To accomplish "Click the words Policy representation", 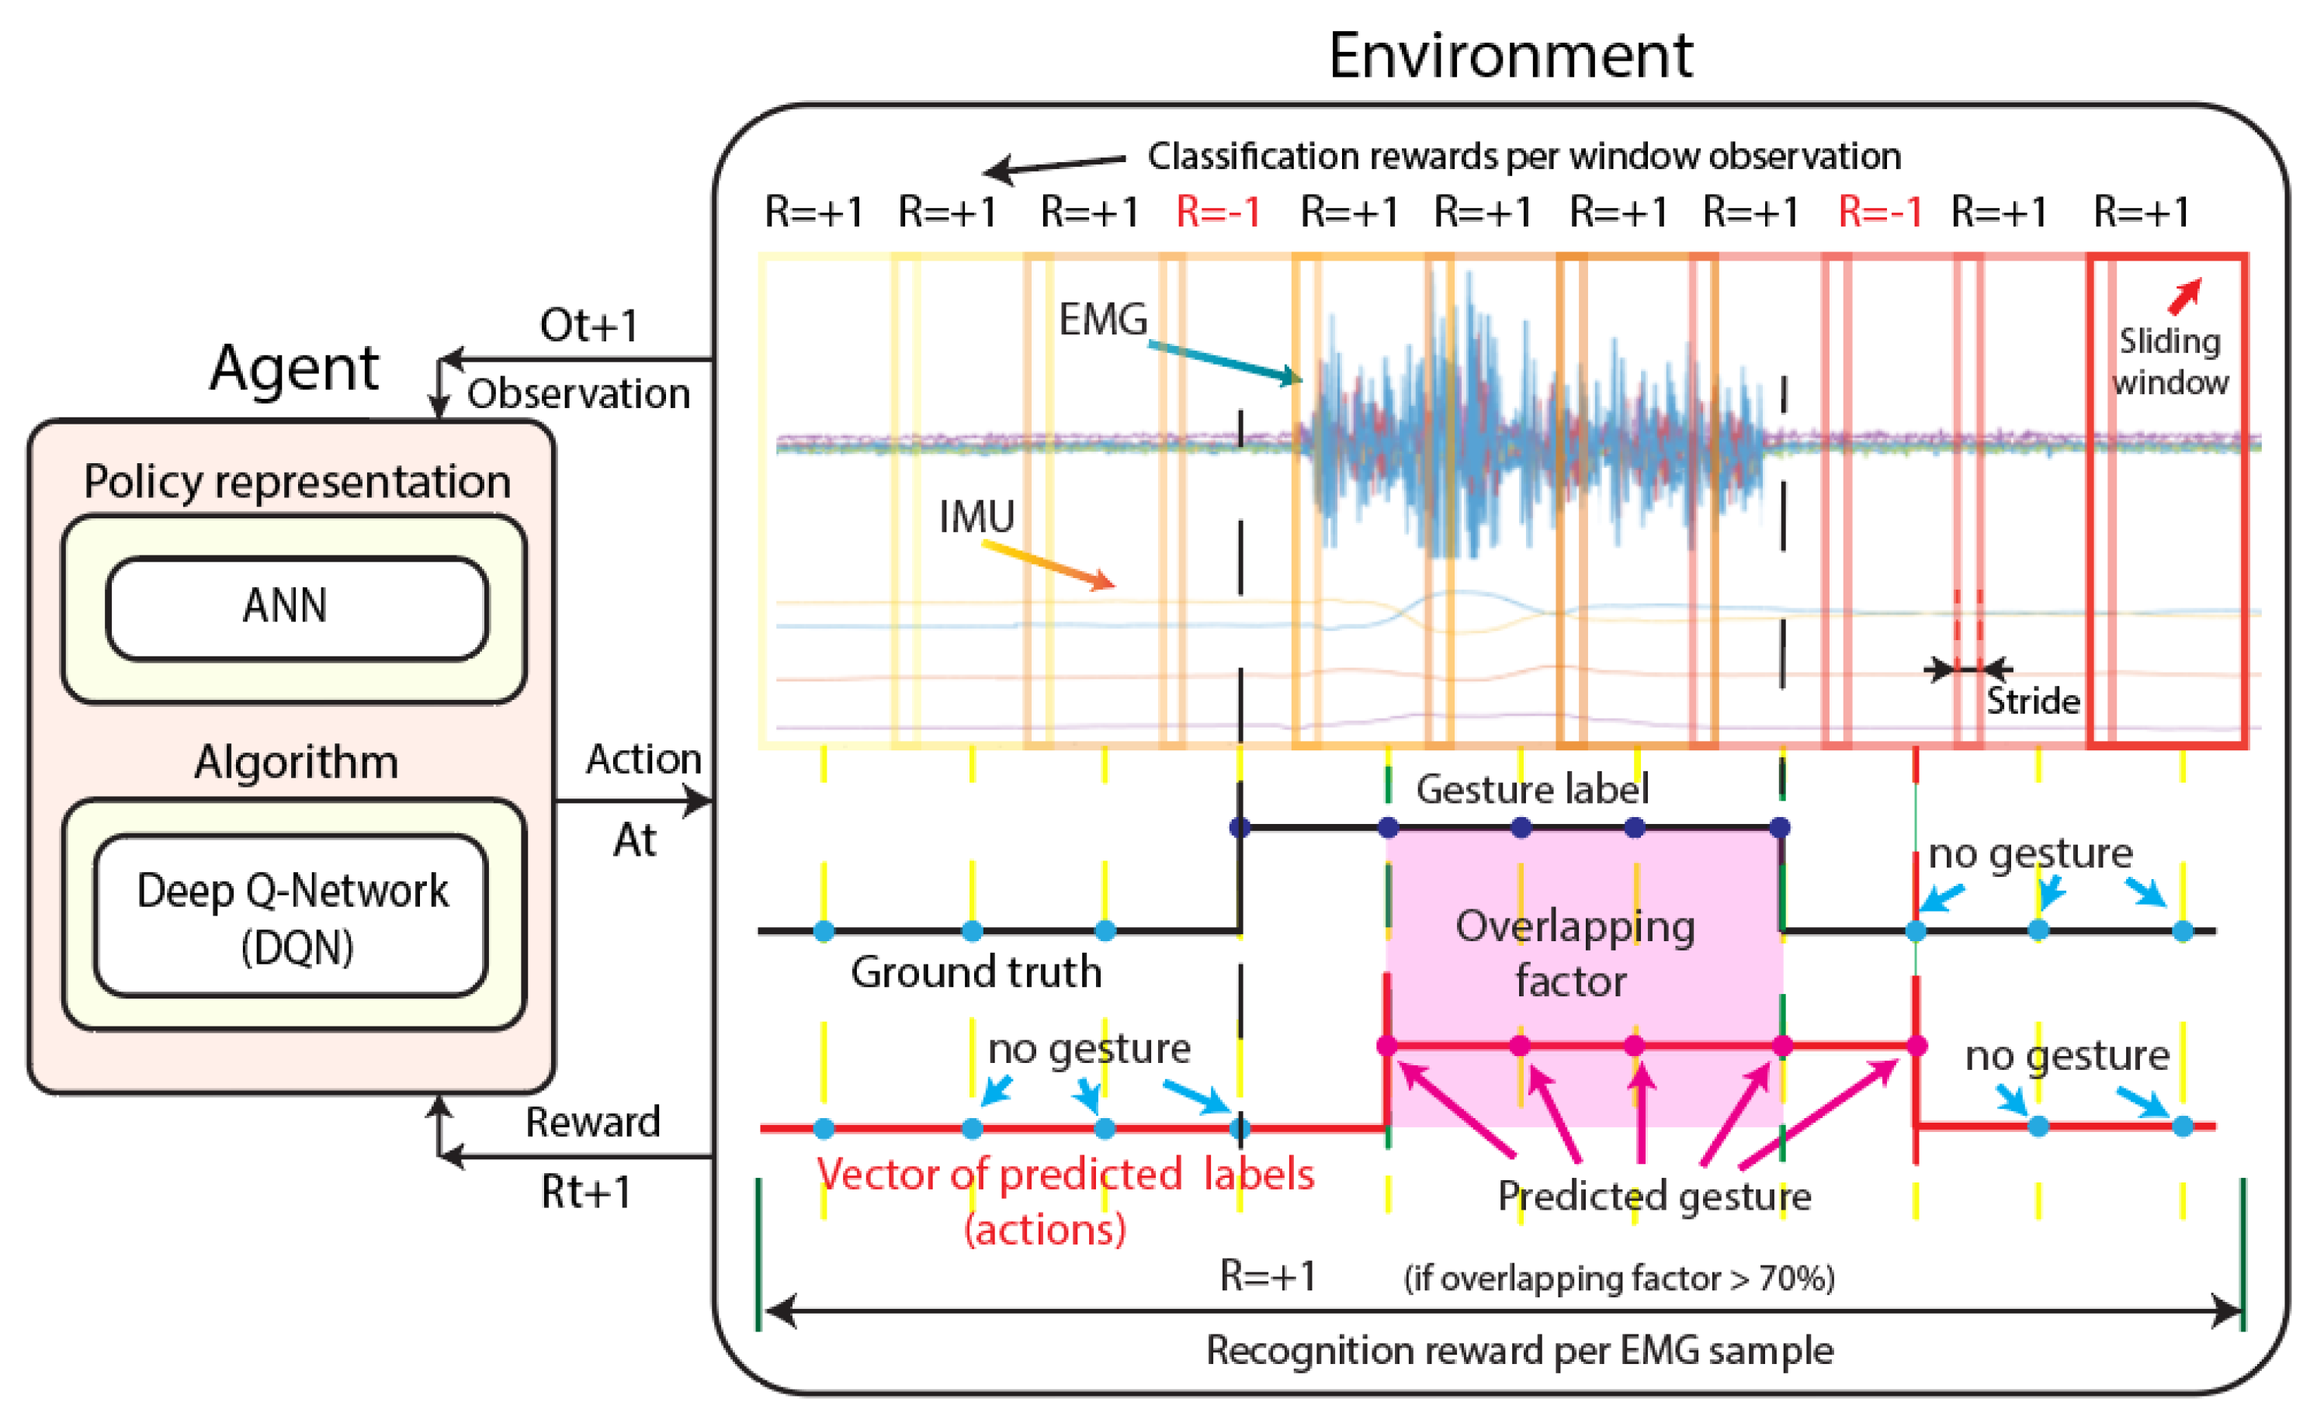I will point(297,482).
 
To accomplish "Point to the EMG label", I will point(1102,320).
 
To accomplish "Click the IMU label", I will point(976,517).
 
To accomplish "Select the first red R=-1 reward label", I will point(1217,213).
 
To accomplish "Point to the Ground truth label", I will point(975,972).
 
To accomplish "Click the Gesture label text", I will point(1531,788).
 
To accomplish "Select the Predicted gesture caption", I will point(1654,1196).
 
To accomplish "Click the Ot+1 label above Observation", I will point(588,326).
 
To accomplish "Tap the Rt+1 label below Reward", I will point(584,1193).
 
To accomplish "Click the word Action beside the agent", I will point(643,760).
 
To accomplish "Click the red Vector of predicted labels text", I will point(1063,1175).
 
